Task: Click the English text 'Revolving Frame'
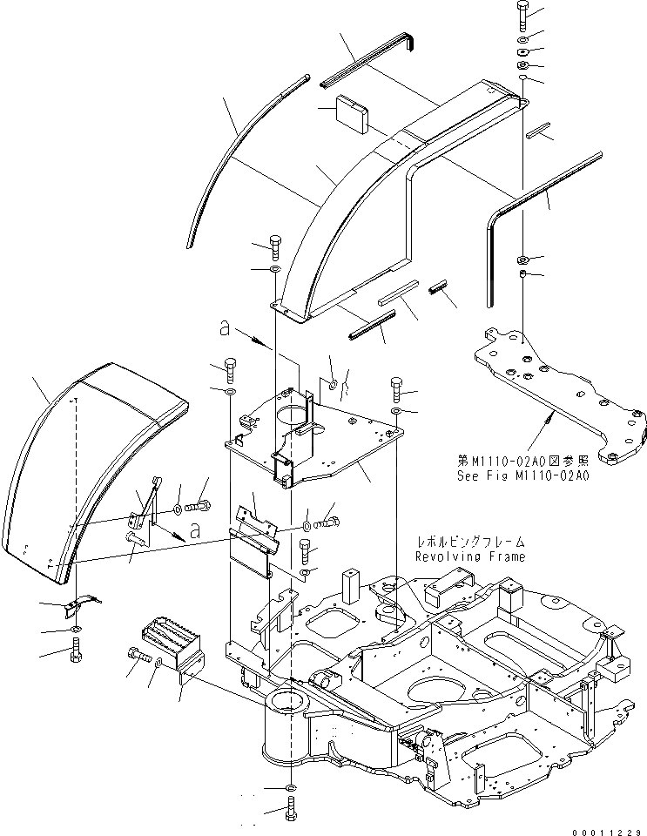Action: [469, 556]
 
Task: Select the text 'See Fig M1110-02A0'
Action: [523, 476]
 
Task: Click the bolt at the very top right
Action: [521, 16]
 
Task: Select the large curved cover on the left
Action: [96, 470]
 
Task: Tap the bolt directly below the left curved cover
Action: [77, 649]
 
